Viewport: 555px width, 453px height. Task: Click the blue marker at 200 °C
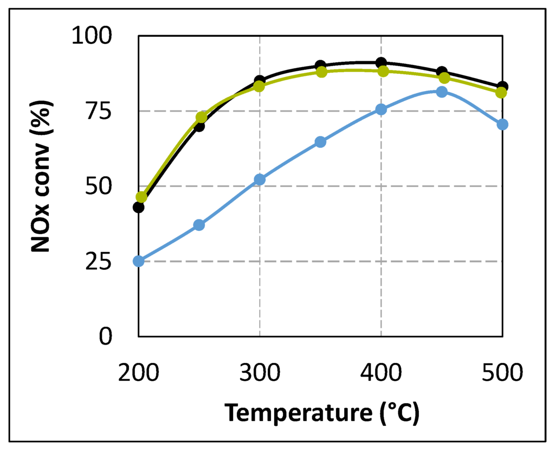point(139,261)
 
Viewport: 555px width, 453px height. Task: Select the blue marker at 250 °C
point(199,225)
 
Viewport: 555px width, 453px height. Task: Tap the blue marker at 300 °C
point(260,179)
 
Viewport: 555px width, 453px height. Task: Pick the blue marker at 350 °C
point(320,142)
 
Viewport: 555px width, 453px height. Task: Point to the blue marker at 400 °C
point(381,109)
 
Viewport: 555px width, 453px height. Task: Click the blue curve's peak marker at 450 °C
point(442,92)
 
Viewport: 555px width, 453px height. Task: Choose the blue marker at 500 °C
point(502,124)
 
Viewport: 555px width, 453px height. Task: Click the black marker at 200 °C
point(139,207)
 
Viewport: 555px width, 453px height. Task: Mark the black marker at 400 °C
point(381,63)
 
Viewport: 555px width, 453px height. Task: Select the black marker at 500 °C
point(503,86)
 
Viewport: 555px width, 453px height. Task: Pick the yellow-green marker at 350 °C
point(321,72)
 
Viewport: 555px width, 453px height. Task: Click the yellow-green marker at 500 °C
point(501,93)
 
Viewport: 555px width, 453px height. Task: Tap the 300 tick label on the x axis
point(260,373)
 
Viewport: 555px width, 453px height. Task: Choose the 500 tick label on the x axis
point(501,373)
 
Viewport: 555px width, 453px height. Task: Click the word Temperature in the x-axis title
point(296,413)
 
